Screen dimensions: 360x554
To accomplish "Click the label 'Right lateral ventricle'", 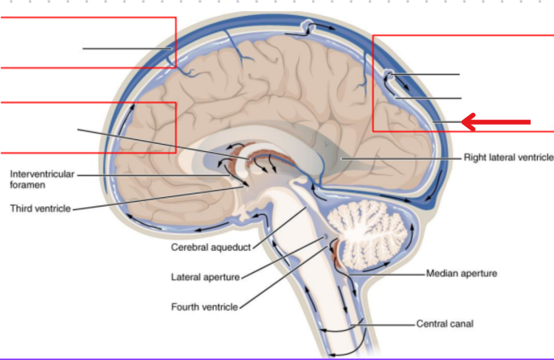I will [508, 158].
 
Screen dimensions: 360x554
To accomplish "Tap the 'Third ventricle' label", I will [40, 209].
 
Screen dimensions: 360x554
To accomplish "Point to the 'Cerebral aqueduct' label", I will [211, 247].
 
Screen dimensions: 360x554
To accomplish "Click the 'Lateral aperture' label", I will [206, 277].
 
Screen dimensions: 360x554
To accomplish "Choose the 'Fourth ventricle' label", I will [204, 306].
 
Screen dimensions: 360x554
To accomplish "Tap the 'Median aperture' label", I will [461, 273].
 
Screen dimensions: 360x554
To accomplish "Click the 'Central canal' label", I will [444, 324].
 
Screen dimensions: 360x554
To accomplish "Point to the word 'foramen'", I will [28, 185].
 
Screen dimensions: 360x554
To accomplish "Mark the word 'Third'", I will [21, 209].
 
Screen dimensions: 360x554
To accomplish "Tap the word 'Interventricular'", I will [42, 174].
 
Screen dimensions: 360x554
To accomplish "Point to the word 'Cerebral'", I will [189, 247].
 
